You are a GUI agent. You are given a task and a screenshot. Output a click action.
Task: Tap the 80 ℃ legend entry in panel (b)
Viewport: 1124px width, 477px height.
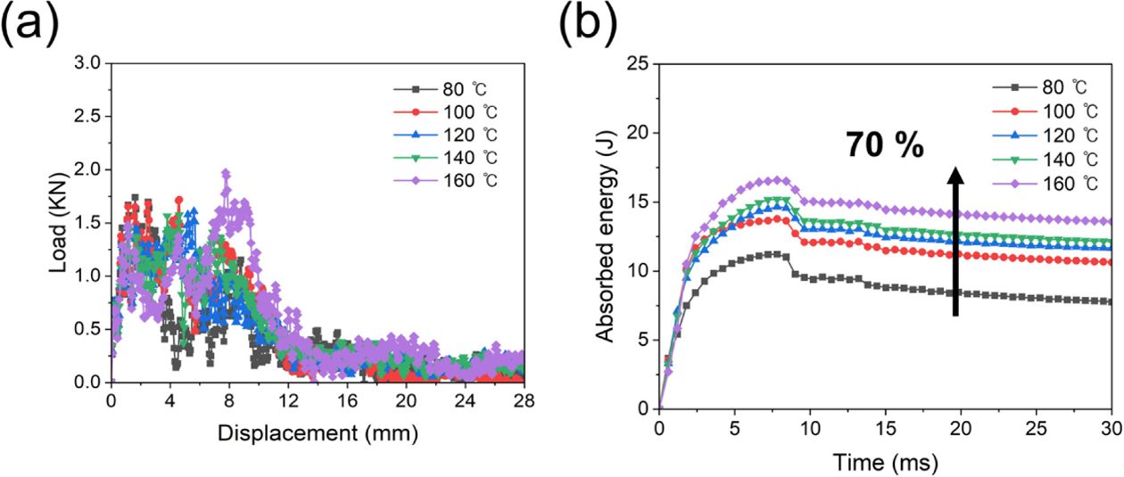pyautogui.click(x=1039, y=86)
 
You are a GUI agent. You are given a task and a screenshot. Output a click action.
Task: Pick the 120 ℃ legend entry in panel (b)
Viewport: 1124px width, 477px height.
pyautogui.click(x=1039, y=135)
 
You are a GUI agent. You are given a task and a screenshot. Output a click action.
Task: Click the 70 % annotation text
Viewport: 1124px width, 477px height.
pyautogui.click(x=885, y=145)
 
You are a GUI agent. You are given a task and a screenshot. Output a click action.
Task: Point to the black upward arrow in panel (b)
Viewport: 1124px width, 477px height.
pyautogui.click(x=955, y=241)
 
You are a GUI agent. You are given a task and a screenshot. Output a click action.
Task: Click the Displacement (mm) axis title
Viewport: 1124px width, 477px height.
pyautogui.click(x=318, y=433)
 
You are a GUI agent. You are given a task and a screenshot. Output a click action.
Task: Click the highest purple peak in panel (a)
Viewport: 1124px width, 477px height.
pyautogui.click(x=227, y=173)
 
